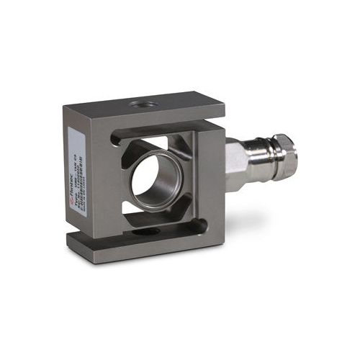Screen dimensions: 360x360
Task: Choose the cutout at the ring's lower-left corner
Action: pyautogui.click(x=130, y=209)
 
